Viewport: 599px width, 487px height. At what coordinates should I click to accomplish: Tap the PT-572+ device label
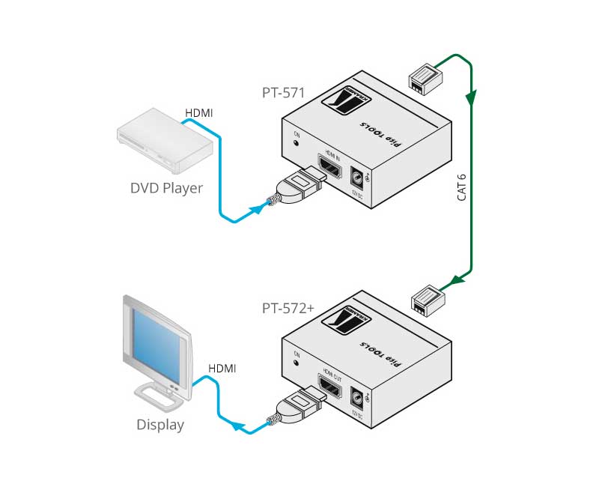click(x=287, y=307)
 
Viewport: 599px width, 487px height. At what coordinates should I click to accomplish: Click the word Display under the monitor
click(x=160, y=425)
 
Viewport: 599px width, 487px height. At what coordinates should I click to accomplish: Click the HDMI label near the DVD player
click(x=199, y=113)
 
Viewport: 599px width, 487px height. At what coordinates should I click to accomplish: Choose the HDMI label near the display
click(x=222, y=368)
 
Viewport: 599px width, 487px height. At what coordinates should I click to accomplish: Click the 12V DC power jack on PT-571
click(x=359, y=178)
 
